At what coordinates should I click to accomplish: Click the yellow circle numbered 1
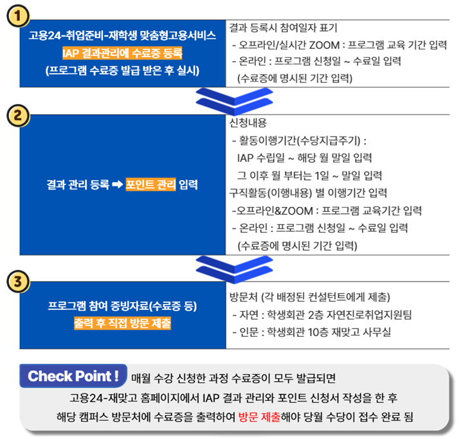pyautogui.click(x=18, y=15)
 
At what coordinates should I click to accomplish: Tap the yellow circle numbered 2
pyautogui.click(x=18, y=115)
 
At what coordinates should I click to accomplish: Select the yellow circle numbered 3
pyautogui.click(x=18, y=281)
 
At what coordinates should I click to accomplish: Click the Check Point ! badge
pyautogui.click(x=73, y=376)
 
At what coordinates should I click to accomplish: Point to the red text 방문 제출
pyautogui.click(x=259, y=417)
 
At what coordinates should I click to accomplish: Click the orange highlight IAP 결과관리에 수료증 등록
pyautogui.click(x=122, y=53)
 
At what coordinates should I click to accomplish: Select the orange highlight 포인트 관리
pyautogui.click(x=150, y=184)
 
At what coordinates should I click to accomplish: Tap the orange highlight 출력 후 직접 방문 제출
pyautogui.click(x=122, y=323)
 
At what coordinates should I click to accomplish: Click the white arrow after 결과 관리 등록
pyautogui.click(x=118, y=184)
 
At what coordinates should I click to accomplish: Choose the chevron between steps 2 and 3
pyautogui.click(x=234, y=269)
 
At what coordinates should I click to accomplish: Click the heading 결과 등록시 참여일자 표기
pyautogui.click(x=283, y=28)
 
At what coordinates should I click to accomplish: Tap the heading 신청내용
pyautogui.click(x=248, y=123)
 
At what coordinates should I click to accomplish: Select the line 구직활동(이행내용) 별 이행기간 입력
pyautogui.click(x=308, y=193)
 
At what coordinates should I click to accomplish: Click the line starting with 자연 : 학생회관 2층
pyautogui.click(x=322, y=315)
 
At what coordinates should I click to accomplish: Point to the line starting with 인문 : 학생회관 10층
pyautogui.click(x=311, y=332)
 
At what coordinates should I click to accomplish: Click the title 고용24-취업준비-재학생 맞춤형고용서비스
pyautogui.click(x=122, y=35)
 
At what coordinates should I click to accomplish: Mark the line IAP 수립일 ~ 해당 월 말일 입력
pyautogui.click(x=304, y=157)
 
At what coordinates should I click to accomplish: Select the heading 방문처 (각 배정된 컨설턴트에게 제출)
pyautogui.click(x=310, y=297)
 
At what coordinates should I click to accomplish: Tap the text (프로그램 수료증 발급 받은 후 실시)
pyautogui.click(x=122, y=71)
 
